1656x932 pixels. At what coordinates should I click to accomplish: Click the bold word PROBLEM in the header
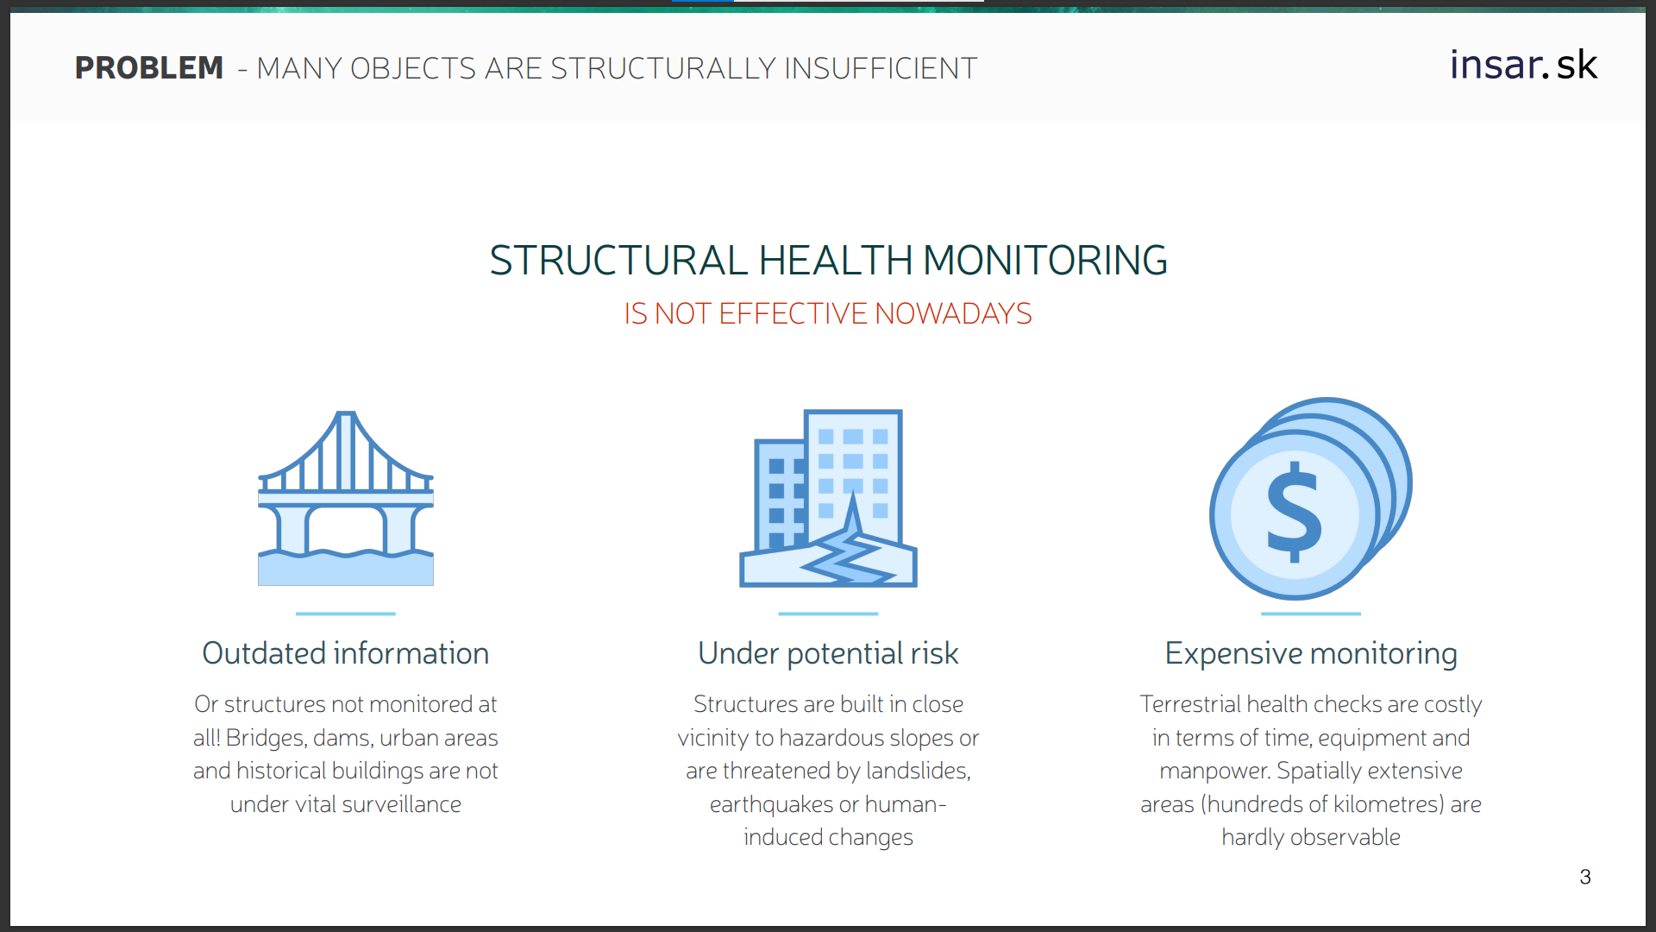tap(149, 68)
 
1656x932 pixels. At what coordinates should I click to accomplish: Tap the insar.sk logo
tap(1523, 65)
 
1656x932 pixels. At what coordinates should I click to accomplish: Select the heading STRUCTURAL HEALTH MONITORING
tap(828, 261)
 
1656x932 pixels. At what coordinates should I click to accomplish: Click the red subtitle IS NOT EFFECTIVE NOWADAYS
tap(828, 313)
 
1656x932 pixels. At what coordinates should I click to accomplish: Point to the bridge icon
tap(346, 498)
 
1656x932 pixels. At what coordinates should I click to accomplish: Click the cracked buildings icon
tap(828, 498)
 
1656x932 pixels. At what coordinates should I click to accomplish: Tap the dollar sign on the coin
tap(1294, 512)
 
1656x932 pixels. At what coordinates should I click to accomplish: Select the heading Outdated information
tap(346, 653)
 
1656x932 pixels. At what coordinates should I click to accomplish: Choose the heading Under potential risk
tap(828, 654)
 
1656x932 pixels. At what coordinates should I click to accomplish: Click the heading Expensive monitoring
tap(1311, 654)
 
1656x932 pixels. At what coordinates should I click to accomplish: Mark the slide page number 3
tap(1585, 877)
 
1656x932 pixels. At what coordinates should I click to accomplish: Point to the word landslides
tap(919, 771)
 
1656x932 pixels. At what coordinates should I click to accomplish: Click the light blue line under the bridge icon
tap(346, 614)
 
